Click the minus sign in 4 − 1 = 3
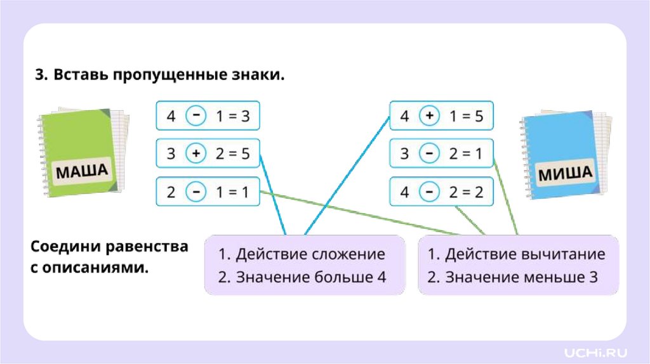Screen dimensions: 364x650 [x=196, y=116]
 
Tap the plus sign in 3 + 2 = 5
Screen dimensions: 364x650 [x=196, y=153]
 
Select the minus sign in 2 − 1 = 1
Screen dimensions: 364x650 [x=196, y=192]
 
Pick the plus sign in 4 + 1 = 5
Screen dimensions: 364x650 [x=430, y=116]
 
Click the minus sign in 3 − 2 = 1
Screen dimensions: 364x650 [x=430, y=153]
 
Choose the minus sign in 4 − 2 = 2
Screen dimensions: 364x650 [x=430, y=192]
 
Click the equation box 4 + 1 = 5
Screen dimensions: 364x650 [x=441, y=116]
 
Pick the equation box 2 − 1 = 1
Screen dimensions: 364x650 [x=208, y=192]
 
